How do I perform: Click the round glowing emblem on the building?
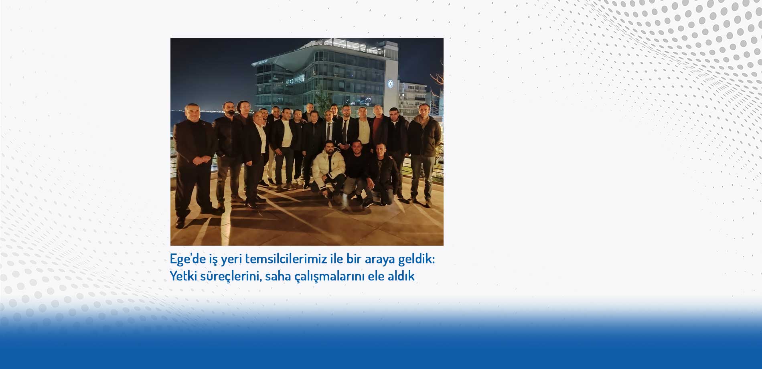pyautogui.click(x=390, y=84)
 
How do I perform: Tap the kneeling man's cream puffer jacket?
pyautogui.click(x=328, y=165)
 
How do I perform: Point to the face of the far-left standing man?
pyautogui.click(x=192, y=113)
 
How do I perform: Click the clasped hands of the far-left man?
pyautogui.click(x=198, y=161)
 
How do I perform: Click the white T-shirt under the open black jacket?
pyautogui.click(x=286, y=132)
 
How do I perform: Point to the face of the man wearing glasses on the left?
pyautogui.click(x=243, y=108)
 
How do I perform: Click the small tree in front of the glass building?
pyautogui.click(x=320, y=98)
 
